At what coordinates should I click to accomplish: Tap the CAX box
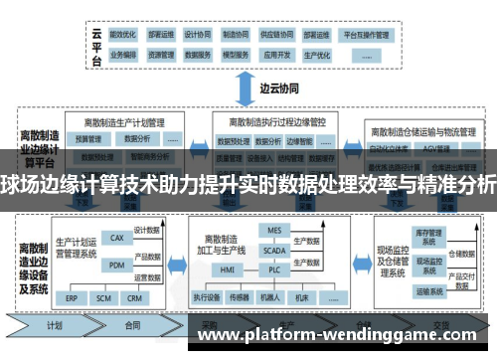tap(117, 239)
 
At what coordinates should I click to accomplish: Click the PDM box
tap(117, 264)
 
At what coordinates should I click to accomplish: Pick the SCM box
tap(102, 296)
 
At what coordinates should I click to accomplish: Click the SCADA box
tap(275, 252)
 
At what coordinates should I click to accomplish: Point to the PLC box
tap(275, 269)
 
